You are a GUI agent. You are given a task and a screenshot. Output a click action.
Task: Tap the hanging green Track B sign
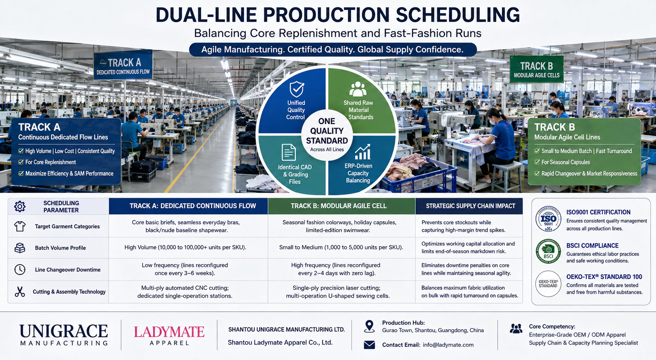click(537, 69)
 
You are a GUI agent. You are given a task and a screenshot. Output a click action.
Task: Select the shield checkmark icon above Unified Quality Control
click(297, 89)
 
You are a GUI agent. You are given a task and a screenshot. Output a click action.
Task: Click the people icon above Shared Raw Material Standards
click(358, 89)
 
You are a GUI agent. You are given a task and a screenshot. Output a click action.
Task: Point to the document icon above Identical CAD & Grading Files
click(289, 152)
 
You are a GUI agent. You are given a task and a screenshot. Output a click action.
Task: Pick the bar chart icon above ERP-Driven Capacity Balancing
click(363, 152)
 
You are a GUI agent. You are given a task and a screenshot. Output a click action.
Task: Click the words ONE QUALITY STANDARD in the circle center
click(327, 131)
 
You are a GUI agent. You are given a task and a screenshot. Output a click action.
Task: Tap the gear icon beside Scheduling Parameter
click(20, 207)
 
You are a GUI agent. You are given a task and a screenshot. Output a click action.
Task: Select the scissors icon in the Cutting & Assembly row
click(20, 292)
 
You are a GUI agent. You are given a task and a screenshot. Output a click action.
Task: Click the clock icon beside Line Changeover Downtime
click(20, 269)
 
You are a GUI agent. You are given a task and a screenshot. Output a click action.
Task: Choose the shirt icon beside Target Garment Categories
click(20, 226)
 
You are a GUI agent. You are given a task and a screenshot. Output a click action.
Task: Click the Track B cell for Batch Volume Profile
click(341, 248)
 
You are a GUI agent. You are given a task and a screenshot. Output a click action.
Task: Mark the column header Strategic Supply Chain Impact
click(470, 206)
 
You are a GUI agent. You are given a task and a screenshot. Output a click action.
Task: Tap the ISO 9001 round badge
click(548, 219)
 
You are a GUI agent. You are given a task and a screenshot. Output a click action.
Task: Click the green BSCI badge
click(548, 251)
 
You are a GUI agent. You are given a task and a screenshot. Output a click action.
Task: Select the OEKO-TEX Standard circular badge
click(548, 284)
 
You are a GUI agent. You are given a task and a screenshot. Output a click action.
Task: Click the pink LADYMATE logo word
click(169, 332)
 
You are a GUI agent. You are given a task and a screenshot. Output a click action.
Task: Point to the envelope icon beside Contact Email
click(369, 345)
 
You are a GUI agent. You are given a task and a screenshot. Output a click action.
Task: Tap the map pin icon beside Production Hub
click(369, 326)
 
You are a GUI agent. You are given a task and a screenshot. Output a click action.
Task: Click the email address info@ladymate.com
click(448, 345)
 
